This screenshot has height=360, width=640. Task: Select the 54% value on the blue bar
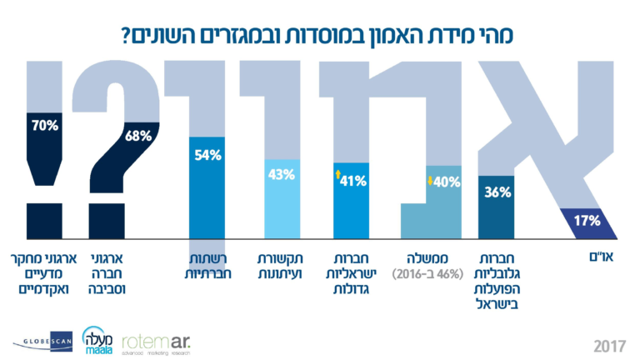click(x=207, y=155)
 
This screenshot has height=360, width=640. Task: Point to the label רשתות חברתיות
click(x=207, y=266)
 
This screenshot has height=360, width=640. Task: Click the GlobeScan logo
click(x=42, y=341)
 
